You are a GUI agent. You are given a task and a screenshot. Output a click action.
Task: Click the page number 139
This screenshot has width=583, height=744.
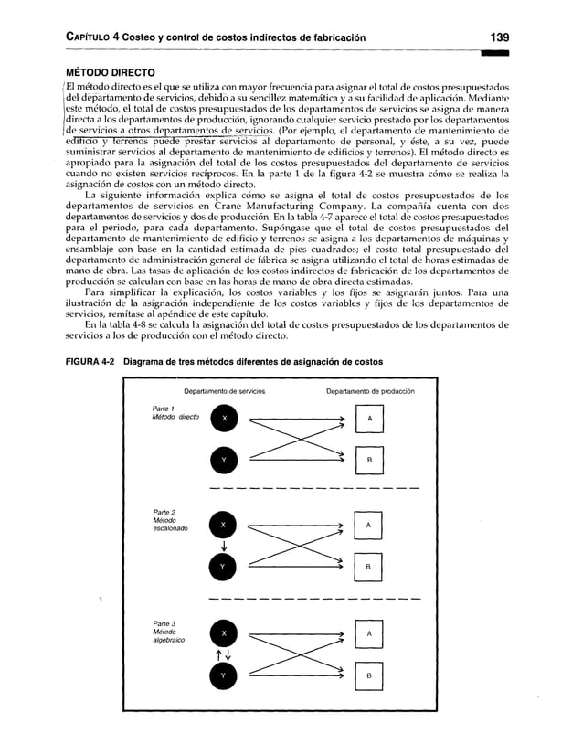pos(498,37)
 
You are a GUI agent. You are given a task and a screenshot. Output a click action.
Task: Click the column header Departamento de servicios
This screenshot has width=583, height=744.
pos(225,392)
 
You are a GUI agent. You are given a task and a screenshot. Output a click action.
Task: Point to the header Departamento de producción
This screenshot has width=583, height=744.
pos(369,392)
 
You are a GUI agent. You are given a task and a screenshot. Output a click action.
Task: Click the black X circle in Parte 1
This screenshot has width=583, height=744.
pos(224,418)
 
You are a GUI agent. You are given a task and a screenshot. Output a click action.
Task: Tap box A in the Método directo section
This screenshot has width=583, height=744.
pos(367,418)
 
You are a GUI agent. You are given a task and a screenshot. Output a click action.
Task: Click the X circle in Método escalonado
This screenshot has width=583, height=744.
pos(224,525)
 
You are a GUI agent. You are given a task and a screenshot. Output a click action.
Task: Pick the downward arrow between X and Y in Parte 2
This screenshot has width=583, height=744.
pos(224,547)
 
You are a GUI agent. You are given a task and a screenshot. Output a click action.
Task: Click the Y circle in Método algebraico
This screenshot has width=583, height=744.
pos(224,675)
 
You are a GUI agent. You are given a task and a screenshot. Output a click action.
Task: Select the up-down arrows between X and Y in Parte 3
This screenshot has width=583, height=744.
pos(224,654)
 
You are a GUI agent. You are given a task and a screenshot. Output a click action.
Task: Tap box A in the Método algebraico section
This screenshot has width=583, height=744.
pos(367,632)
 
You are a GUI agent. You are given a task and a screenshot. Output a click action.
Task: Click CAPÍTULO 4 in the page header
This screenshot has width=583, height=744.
pos(81,37)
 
